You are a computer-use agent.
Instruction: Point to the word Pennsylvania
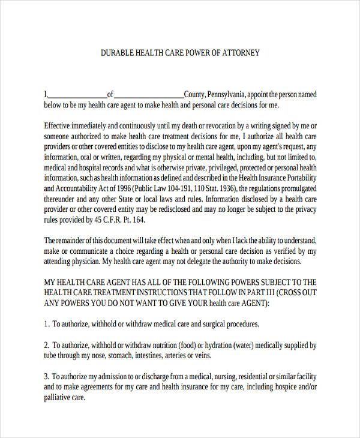(226, 94)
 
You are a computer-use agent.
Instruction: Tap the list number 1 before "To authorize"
(46, 324)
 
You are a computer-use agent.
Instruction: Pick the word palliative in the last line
(58, 398)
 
